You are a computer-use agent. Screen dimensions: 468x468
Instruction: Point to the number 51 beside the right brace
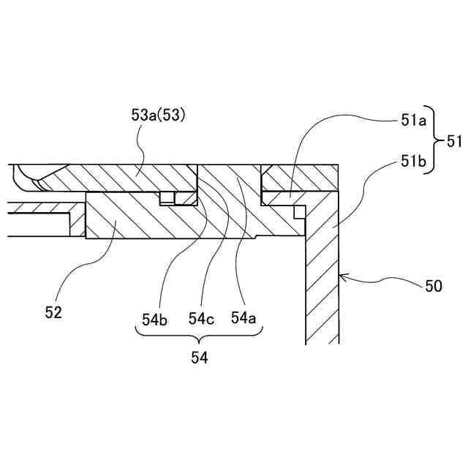click(453, 140)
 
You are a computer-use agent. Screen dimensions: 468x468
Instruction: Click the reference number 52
click(53, 312)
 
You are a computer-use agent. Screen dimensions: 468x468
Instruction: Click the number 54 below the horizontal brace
click(199, 358)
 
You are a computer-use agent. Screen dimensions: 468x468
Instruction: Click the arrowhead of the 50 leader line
click(342, 277)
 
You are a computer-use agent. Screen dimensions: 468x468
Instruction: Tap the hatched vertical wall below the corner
click(322, 285)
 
